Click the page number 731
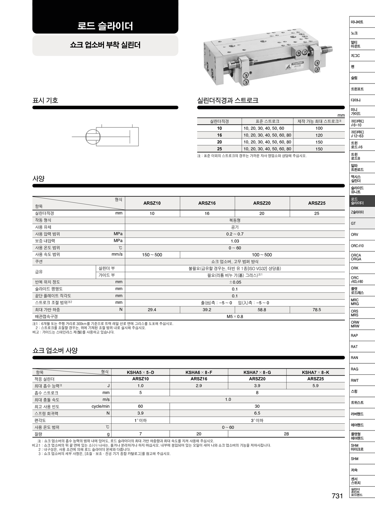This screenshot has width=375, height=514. click(x=337, y=496)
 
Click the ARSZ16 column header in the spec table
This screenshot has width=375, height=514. click(x=207, y=203)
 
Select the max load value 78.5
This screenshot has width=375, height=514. click(x=317, y=310)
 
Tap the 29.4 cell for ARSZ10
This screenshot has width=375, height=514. click(x=152, y=310)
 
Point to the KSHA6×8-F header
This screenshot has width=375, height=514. click(x=199, y=372)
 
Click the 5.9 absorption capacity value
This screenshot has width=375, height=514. click(x=315, y=386)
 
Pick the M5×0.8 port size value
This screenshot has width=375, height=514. click(x=235, y=317)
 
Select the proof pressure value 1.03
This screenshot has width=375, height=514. click(x=235, y=241)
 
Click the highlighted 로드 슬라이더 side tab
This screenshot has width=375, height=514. click(x=362, y=201)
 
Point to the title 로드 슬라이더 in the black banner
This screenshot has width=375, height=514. click(x=105, y=26)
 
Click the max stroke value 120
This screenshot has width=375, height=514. click(x=319, y=135)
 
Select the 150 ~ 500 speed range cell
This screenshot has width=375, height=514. click(x=152, y=255)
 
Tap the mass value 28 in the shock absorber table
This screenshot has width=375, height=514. click(x=286, y=434)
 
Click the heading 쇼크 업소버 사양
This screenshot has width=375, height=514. click(x=55, y=351)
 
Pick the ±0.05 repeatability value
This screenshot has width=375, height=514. click(x=235, y=282)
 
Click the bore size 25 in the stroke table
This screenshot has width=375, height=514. click(x=219, y=149)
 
